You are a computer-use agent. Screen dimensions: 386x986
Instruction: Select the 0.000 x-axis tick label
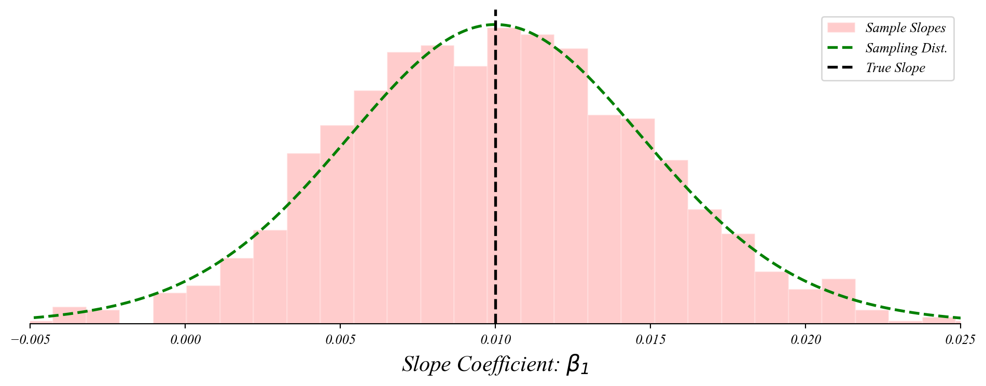[185, 340]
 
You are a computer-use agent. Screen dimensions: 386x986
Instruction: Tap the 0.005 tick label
[340, 340]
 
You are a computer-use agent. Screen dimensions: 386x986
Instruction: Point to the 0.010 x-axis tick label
[495, 340]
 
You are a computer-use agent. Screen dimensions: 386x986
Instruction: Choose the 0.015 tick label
[650, 340]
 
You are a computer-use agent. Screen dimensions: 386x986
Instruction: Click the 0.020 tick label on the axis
[805, 340]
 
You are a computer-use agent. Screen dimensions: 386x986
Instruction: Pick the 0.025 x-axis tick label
[960, 340]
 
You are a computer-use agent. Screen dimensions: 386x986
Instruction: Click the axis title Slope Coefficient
[480, 364]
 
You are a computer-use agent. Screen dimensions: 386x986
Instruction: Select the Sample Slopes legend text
[905, 28]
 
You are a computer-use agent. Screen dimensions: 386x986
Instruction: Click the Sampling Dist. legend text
[906, 48]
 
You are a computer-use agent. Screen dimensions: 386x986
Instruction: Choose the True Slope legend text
[895, 68]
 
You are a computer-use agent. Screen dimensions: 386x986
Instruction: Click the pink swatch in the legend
[841, 28]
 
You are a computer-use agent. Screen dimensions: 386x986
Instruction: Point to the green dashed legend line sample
[841, 48]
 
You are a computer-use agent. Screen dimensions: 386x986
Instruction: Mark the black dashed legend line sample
[841, 68]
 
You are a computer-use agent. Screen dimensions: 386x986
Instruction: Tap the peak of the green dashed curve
[495, 24]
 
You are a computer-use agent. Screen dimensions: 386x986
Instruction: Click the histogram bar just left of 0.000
[170, 308]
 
